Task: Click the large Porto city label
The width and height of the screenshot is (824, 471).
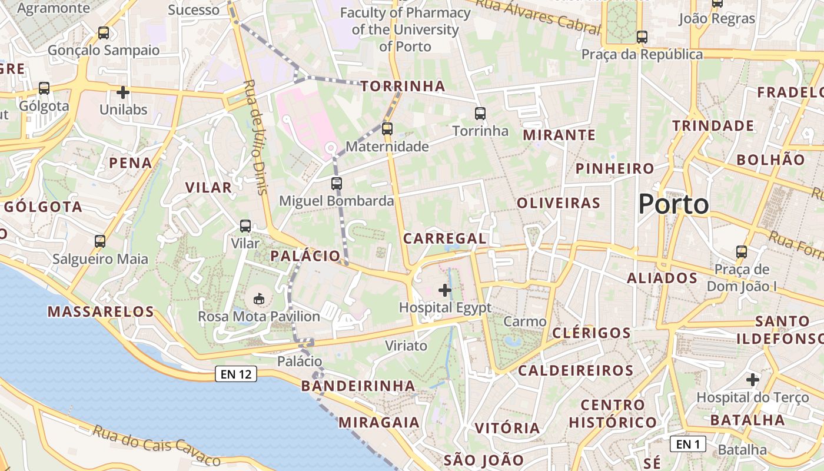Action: click(673, 204)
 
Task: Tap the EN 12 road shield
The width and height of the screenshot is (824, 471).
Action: click(236, 374)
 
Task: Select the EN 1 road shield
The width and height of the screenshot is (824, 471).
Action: click(687, 444)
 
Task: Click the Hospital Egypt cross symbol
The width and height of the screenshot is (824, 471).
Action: click(445, 290)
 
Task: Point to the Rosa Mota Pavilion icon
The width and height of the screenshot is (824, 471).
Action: click(259, 299)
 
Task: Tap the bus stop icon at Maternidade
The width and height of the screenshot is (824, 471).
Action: click(387, 128)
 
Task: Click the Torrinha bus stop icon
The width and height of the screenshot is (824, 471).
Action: click(480, 113)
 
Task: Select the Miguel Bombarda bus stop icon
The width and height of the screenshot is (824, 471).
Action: click(336, 183)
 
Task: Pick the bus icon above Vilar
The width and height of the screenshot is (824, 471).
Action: click(245, 225)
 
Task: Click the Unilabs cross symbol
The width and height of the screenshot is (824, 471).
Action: click(122, 92)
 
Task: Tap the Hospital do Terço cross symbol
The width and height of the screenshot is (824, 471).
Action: click(752, 380)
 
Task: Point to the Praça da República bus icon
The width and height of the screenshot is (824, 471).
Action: click(642, 37)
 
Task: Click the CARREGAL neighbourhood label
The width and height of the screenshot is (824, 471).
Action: click(445, 238)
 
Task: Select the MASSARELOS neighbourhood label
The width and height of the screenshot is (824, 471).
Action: click(101, 311)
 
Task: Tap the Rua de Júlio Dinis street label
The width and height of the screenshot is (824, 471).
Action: click(254, 137)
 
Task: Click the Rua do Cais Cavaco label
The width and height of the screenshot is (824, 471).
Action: click(155, 445)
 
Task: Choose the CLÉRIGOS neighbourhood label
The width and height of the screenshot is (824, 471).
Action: click(591, 333)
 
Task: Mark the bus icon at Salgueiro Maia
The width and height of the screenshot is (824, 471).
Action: click(100, 241)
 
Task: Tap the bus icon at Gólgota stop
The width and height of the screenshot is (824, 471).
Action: click(44, 88)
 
